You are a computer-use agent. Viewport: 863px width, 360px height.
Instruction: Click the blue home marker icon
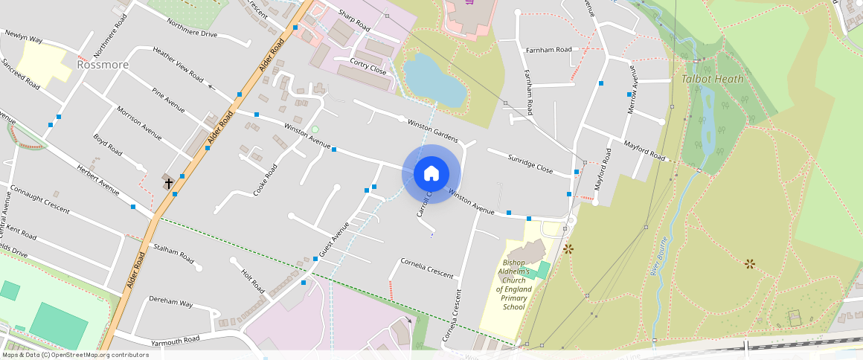431,173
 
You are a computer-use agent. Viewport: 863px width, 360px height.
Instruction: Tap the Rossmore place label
103,65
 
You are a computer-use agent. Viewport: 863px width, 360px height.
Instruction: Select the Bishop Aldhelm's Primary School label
514,284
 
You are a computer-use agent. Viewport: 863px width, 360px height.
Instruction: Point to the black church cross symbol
169,181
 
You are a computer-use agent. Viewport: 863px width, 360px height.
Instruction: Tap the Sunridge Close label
530,164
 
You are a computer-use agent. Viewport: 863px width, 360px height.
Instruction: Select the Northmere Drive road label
192,28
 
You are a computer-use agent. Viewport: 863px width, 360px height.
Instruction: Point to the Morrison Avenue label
139,123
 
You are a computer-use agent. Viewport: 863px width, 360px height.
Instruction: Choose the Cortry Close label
369,65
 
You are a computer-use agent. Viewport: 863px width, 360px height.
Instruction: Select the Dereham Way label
171,303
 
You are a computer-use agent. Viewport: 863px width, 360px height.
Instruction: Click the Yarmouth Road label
176,340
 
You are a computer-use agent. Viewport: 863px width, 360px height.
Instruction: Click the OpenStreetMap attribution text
74,355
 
